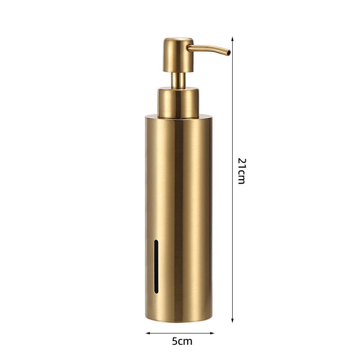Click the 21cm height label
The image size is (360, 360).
pos(242,171)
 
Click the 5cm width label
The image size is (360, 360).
pos(182,341)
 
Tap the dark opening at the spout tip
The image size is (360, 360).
pos(229,53)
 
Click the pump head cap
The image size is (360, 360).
pos(178,55)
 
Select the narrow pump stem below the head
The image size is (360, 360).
pos(178,80)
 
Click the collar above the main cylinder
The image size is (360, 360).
pos(178,103)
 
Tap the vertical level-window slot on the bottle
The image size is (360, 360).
pos(156,266)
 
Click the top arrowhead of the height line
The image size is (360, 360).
pos(232,39)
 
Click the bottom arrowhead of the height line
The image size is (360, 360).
pos(232,320)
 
